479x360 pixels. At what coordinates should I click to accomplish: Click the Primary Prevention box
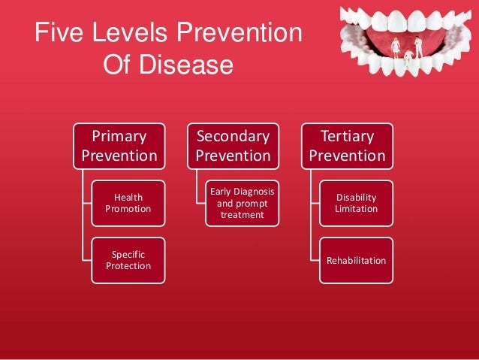119,146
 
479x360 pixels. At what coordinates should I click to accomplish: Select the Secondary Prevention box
232,146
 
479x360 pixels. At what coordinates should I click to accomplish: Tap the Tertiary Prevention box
347,146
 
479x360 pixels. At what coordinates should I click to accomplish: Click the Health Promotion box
128,203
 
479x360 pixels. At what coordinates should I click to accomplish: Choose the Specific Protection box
128,260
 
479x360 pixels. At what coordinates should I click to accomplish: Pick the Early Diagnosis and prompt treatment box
242,203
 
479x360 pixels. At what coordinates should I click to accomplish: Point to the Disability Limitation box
356,203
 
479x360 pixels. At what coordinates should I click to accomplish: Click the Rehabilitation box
356,261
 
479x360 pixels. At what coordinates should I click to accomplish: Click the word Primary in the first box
119,136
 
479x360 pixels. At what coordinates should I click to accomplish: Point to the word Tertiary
347,136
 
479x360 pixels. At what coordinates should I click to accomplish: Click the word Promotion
128,208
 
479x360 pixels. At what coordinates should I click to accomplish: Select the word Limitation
356,208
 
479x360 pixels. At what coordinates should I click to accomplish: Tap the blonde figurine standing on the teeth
396,47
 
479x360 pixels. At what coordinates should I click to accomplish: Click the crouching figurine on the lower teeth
408,56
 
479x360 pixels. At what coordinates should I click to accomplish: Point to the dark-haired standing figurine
419,45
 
